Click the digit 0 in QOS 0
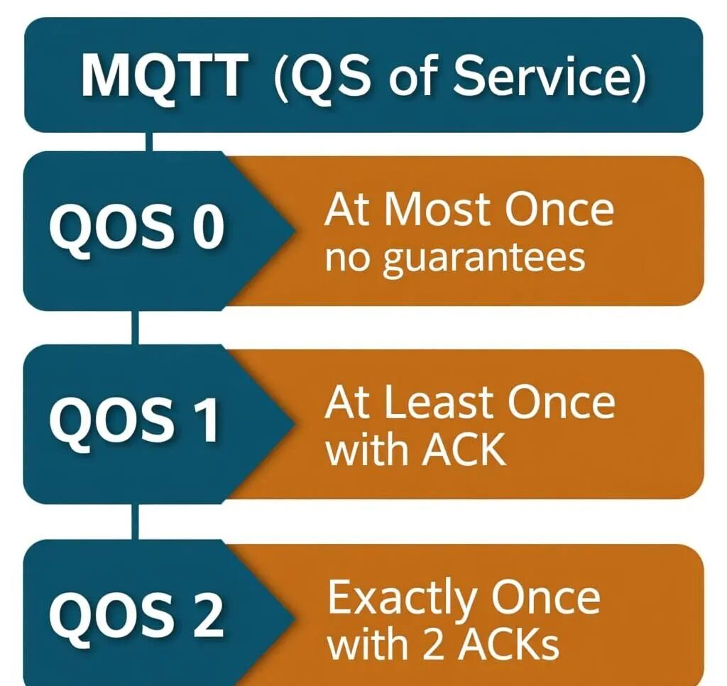click(x=208, y=229)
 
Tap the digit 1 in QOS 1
click(x=207, y=420)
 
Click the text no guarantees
click(x=455, y=257)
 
